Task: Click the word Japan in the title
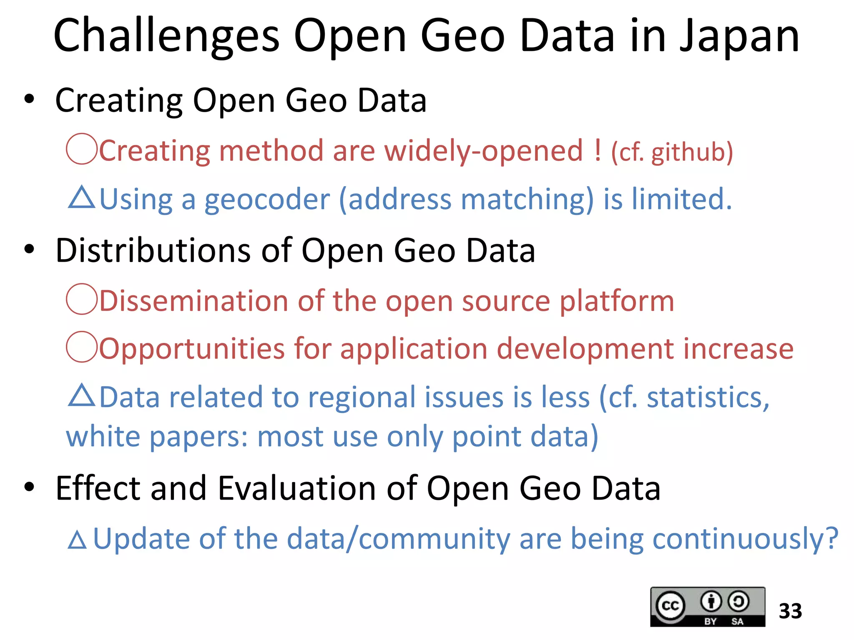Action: pos(739,37)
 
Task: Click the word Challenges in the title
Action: pos(166,37)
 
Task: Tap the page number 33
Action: pos(790,611)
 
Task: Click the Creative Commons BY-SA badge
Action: pos(707,607)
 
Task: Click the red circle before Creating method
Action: pos(82,149)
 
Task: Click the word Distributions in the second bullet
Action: pos(153,251)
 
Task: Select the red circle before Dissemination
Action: pos(82,299)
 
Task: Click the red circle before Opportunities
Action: pos(82,347)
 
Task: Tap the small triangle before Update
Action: pos(77,540)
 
